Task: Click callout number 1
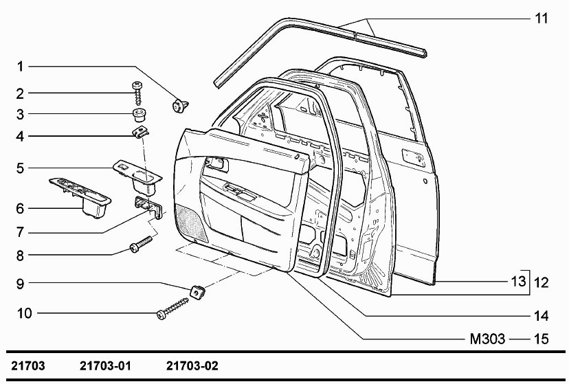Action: pos(21,67)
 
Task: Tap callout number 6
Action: pos(21,207)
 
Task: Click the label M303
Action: pos(487,339)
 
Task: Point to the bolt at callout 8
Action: pos(140,245)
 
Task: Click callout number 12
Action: pos(542,281)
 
